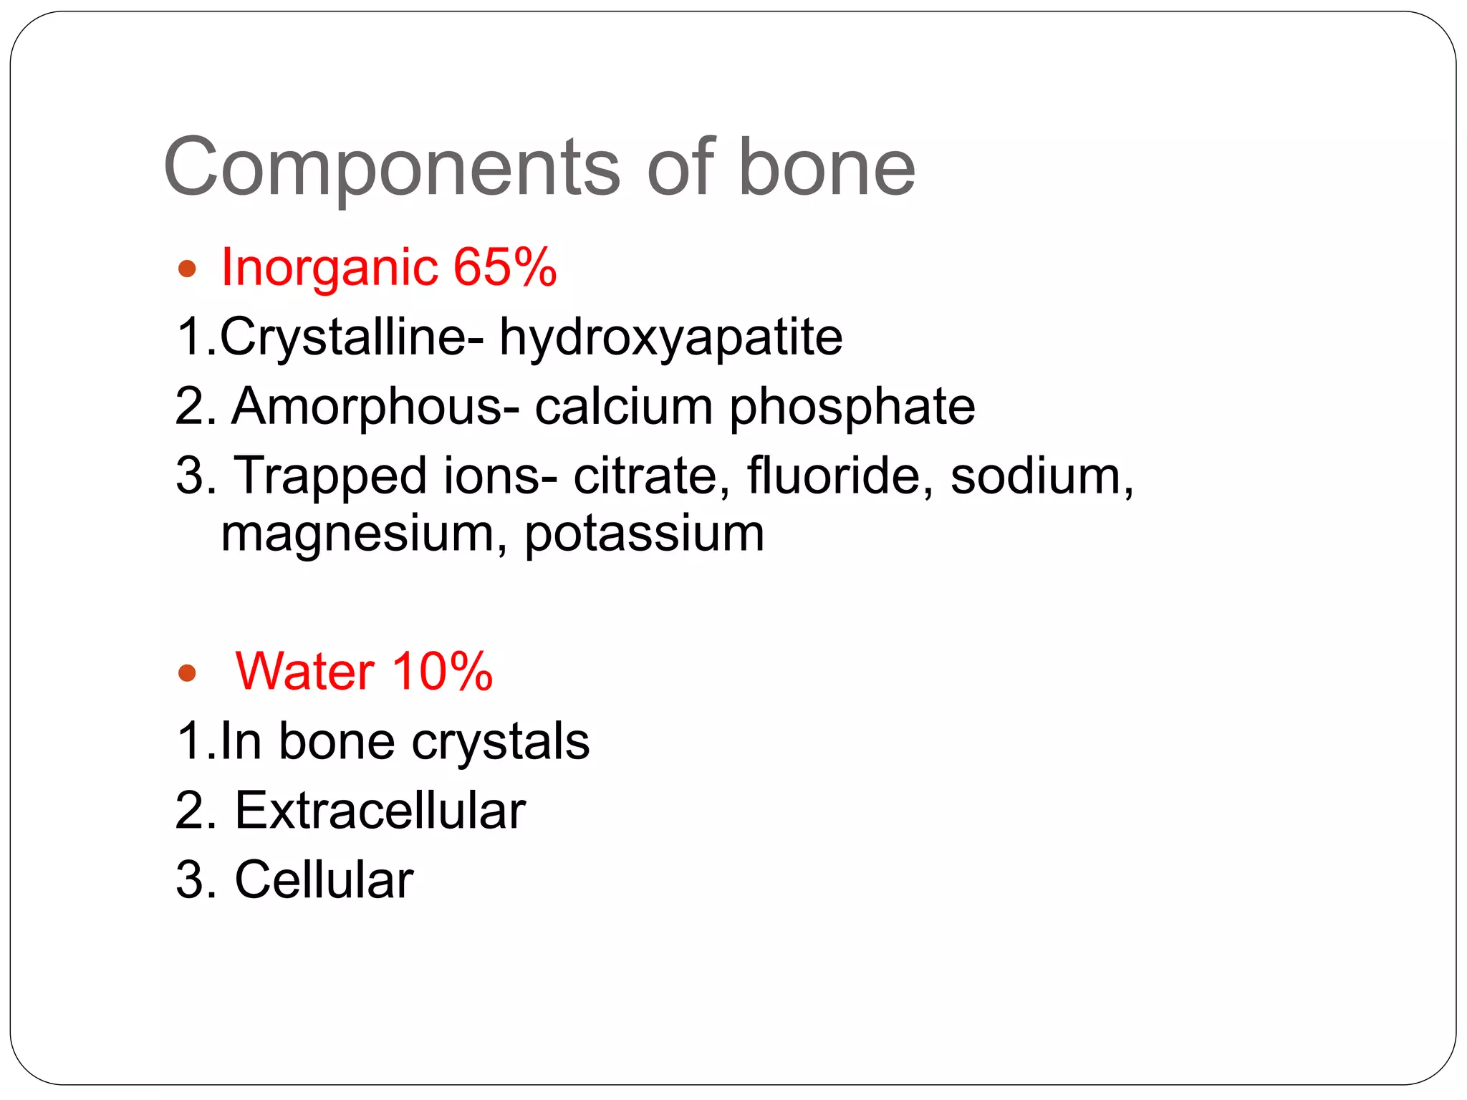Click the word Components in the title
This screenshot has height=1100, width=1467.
391,168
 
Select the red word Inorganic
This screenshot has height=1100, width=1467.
329,267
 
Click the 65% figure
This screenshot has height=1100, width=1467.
505,267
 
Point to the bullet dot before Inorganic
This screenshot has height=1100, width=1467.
187,269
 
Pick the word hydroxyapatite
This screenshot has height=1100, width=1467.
670,337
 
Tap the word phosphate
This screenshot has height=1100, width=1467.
852,407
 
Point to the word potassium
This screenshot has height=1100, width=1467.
644,534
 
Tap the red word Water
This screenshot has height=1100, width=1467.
304,672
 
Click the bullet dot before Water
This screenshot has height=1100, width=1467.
187,673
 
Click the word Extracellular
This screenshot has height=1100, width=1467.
380,811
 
